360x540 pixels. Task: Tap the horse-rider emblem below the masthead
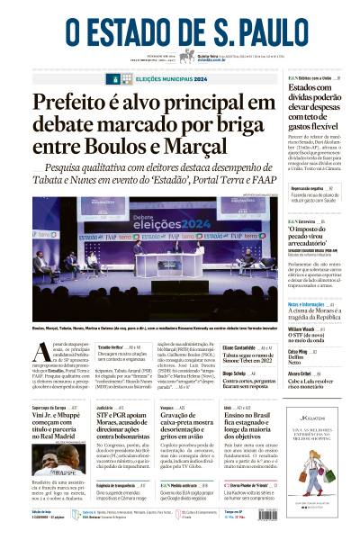pos(187,57)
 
